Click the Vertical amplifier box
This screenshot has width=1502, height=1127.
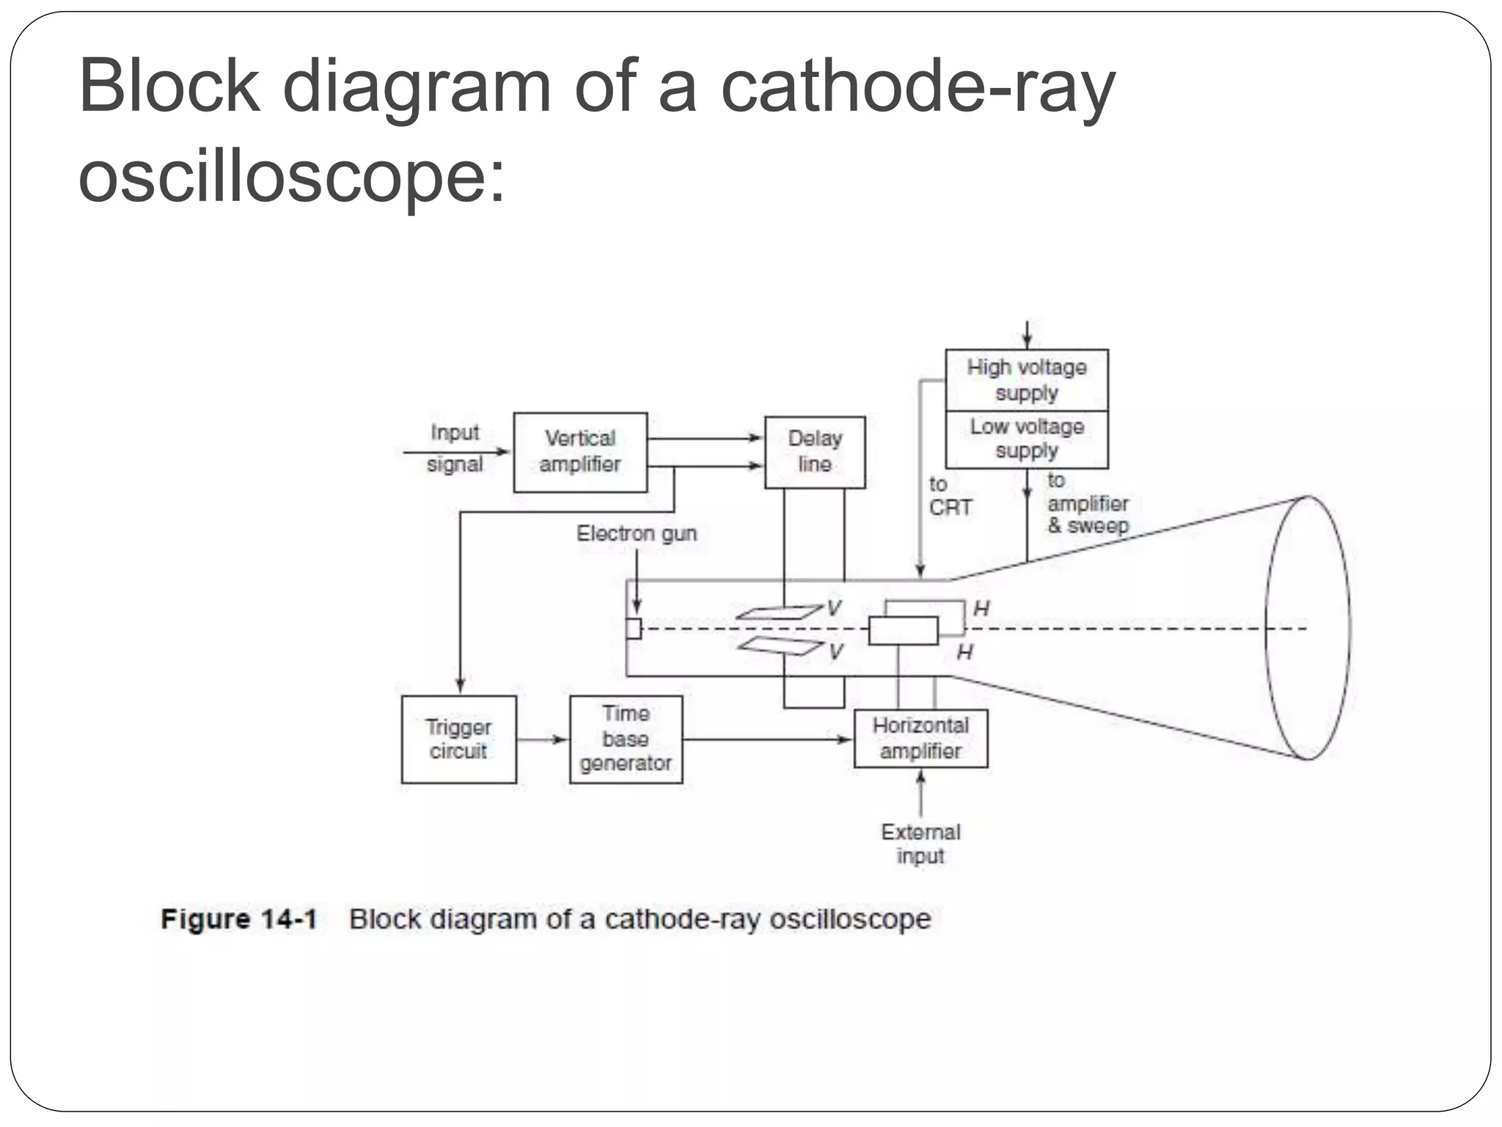pos(580,452)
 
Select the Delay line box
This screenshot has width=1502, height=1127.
pos(814,452)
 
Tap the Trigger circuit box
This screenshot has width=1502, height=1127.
pos(458,739)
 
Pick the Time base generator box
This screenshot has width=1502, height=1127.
pos(626,739)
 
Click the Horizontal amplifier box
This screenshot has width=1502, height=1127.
pos(920,738)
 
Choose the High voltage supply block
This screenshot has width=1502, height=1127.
pos(1026,380)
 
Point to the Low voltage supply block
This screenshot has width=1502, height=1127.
pos(1026,439)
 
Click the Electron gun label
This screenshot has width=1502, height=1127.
pos(636,533)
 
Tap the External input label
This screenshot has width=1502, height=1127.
pos(920,844)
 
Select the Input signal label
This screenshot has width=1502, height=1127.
pos(455,448)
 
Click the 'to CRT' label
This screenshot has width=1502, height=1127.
pos(949,496)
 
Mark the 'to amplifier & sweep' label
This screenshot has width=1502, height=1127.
pos(1087,504)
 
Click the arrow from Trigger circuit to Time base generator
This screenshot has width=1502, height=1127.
pos(543,740)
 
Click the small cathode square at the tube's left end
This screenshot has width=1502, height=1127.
pos(634,629)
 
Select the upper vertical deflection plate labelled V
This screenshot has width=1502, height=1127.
pos(779,612)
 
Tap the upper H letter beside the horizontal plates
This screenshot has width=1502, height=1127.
pos(981,608)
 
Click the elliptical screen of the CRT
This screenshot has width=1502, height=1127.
pos(1307,628)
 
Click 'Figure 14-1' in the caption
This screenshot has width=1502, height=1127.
pos(238,919)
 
